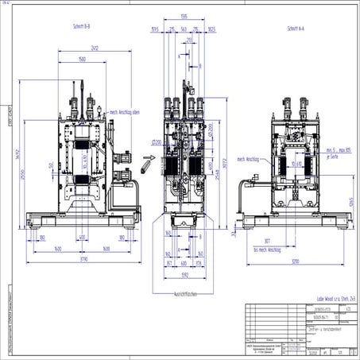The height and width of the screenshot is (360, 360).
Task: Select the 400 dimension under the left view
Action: (x=82, y=237)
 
